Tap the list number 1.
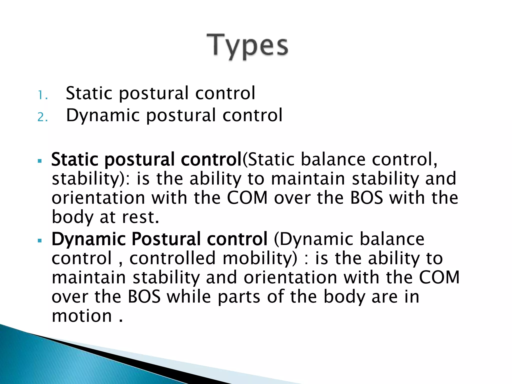42,95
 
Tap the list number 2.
42,117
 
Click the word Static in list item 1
89,93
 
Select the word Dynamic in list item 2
103,115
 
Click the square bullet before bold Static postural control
39,161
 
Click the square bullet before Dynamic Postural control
39,240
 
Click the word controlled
172,258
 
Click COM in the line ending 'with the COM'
439,277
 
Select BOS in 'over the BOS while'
144,297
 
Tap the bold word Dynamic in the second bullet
88,239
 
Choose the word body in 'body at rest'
72,217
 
